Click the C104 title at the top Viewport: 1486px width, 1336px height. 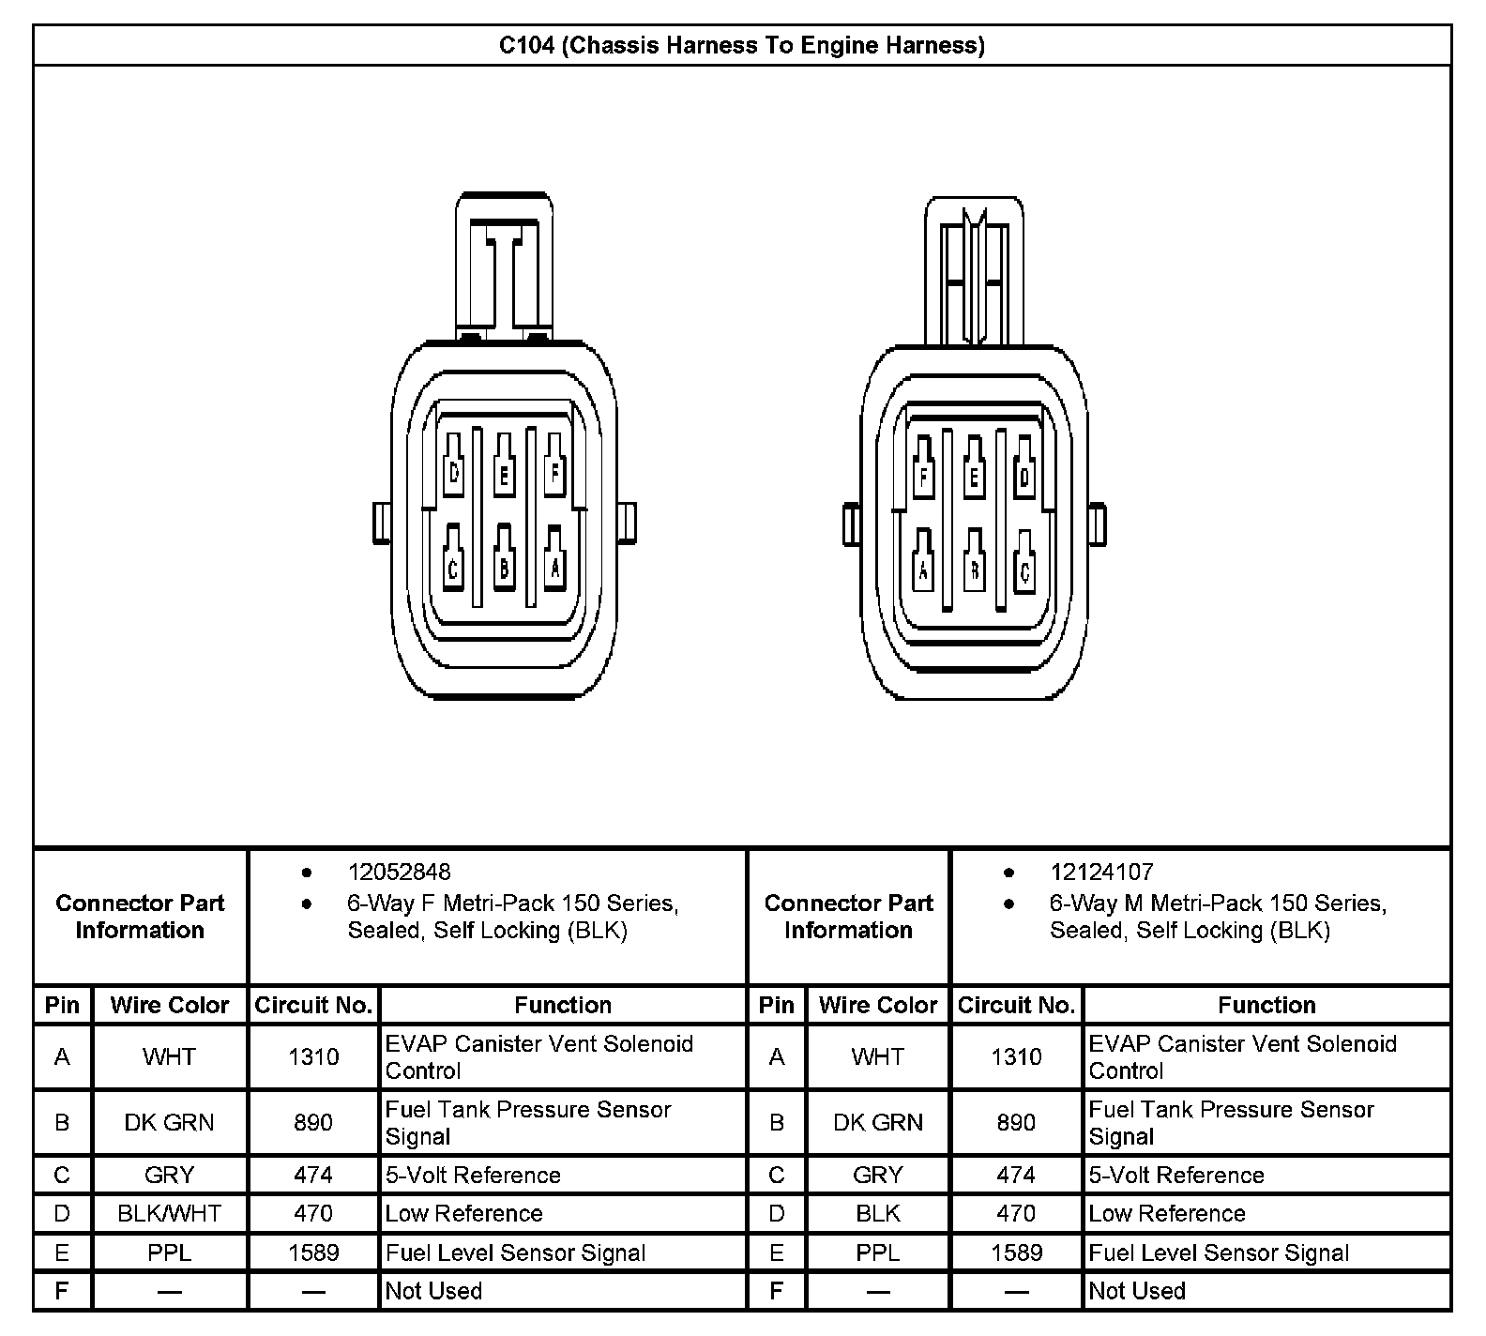741,45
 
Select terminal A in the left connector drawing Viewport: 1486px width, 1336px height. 555,566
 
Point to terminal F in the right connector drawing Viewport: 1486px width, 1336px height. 923,477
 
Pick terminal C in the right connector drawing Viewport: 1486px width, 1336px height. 1024,569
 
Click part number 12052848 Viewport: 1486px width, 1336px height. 399,872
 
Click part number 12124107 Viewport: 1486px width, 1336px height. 1101,872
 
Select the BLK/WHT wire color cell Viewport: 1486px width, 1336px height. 170,1213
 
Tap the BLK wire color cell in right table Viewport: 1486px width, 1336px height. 877,1213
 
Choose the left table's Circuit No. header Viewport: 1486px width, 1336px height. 313,1005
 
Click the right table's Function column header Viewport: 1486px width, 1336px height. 1266,1005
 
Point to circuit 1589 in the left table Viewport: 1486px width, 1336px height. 313,1252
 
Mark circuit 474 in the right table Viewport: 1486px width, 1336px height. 1016,1175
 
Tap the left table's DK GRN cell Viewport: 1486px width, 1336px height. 170,1122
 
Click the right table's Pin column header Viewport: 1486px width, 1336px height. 776,1005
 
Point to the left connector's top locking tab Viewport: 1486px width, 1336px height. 504,267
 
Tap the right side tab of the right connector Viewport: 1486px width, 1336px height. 1097,524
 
